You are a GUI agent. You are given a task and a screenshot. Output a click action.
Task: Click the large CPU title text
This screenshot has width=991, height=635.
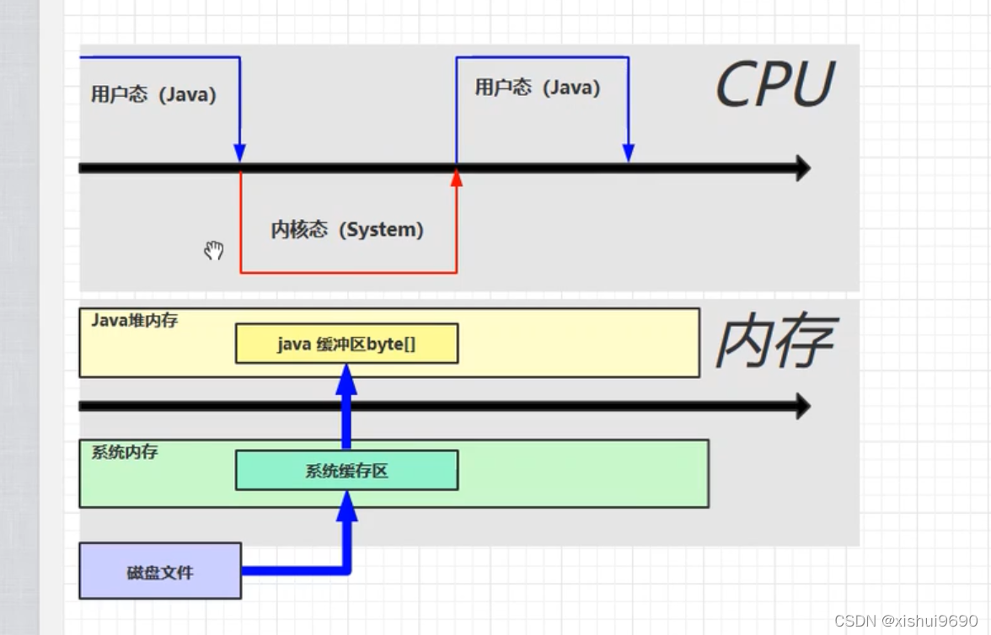[774, 84]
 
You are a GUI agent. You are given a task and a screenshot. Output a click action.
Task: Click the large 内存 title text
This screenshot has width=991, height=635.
[775, 342]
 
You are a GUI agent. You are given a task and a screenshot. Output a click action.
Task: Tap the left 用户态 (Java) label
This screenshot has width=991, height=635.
[153, 94]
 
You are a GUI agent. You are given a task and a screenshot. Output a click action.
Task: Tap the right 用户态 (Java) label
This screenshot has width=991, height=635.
[537, 88]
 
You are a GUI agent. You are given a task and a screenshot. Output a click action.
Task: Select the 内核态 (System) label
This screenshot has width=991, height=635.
[346, 229]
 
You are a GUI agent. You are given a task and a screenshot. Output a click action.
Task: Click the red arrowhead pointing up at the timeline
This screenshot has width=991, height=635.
[457, 178]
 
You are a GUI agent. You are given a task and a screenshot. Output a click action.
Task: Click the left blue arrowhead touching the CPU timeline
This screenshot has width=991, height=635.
[239, 152]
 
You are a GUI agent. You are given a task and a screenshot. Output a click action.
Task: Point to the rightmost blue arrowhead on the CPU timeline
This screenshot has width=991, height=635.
[628, 152]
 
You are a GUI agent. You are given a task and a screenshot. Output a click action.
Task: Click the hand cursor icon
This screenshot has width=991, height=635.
[214, 250]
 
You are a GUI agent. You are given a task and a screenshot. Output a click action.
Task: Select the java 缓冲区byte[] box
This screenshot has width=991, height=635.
[346, 344]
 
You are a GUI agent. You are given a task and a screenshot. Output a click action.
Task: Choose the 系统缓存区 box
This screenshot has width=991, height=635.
[346, 471]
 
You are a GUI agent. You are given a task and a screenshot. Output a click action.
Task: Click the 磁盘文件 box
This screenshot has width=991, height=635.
[160, 571]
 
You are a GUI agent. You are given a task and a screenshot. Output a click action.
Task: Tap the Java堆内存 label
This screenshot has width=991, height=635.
[134, 321]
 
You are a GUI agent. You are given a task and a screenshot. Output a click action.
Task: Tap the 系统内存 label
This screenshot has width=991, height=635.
[125, 452]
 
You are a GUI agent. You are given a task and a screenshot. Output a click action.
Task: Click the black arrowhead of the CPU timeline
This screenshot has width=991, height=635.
[801, 168]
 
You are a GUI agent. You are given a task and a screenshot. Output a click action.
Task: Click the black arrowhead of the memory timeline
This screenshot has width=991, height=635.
[801, 407]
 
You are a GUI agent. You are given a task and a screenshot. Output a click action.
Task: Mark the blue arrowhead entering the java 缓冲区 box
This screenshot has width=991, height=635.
[346, 381]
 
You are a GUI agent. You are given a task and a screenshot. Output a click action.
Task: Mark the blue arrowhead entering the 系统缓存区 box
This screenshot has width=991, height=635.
[346, 507]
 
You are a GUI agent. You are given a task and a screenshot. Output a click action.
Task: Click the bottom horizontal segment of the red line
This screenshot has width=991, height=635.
[348, 272]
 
